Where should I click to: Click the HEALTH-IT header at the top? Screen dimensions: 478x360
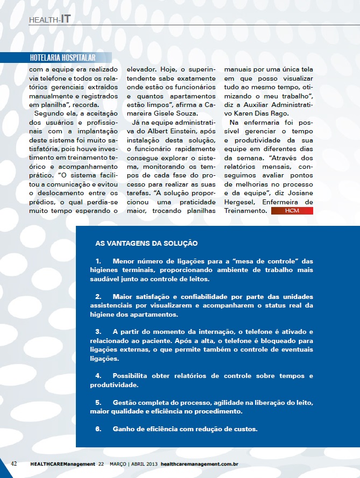click(50, 19)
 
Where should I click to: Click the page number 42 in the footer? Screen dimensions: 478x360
click(14, 463)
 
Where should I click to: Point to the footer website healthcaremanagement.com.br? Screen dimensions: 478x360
click(200, 463)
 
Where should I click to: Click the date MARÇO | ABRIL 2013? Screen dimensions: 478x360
click(134, 463)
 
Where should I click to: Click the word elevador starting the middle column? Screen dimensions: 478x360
click(142, 69)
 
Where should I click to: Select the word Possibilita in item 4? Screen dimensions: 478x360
click(132, 375)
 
